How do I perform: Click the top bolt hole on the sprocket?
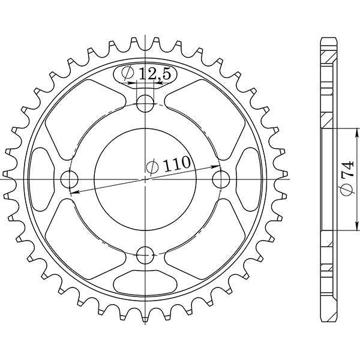click(x=144, y=106)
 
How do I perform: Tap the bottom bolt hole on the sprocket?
click(x=144, y=256)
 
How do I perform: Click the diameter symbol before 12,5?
click(x=128, y=74)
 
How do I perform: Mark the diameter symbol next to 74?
click(x=347, y=191)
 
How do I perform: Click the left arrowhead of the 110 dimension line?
click(x=73, y=192)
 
